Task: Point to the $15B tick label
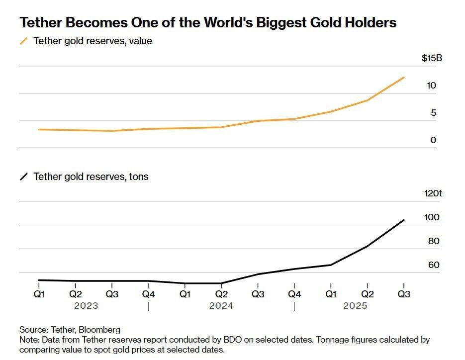(431, 59)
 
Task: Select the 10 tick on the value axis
(431, 86)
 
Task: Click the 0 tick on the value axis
(433, 140)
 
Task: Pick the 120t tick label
(432, 193)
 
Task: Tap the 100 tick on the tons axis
(431, 217)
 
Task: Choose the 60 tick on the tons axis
(433, 265)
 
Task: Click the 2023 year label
(86, 306)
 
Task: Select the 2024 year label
(221, 306)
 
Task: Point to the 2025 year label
(355, 306)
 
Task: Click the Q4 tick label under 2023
(148, 294)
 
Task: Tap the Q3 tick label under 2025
(404, 294)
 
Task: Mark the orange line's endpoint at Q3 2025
(404, 78)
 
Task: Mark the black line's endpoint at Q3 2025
(404, 220)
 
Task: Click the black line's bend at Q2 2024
(221, 283)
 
